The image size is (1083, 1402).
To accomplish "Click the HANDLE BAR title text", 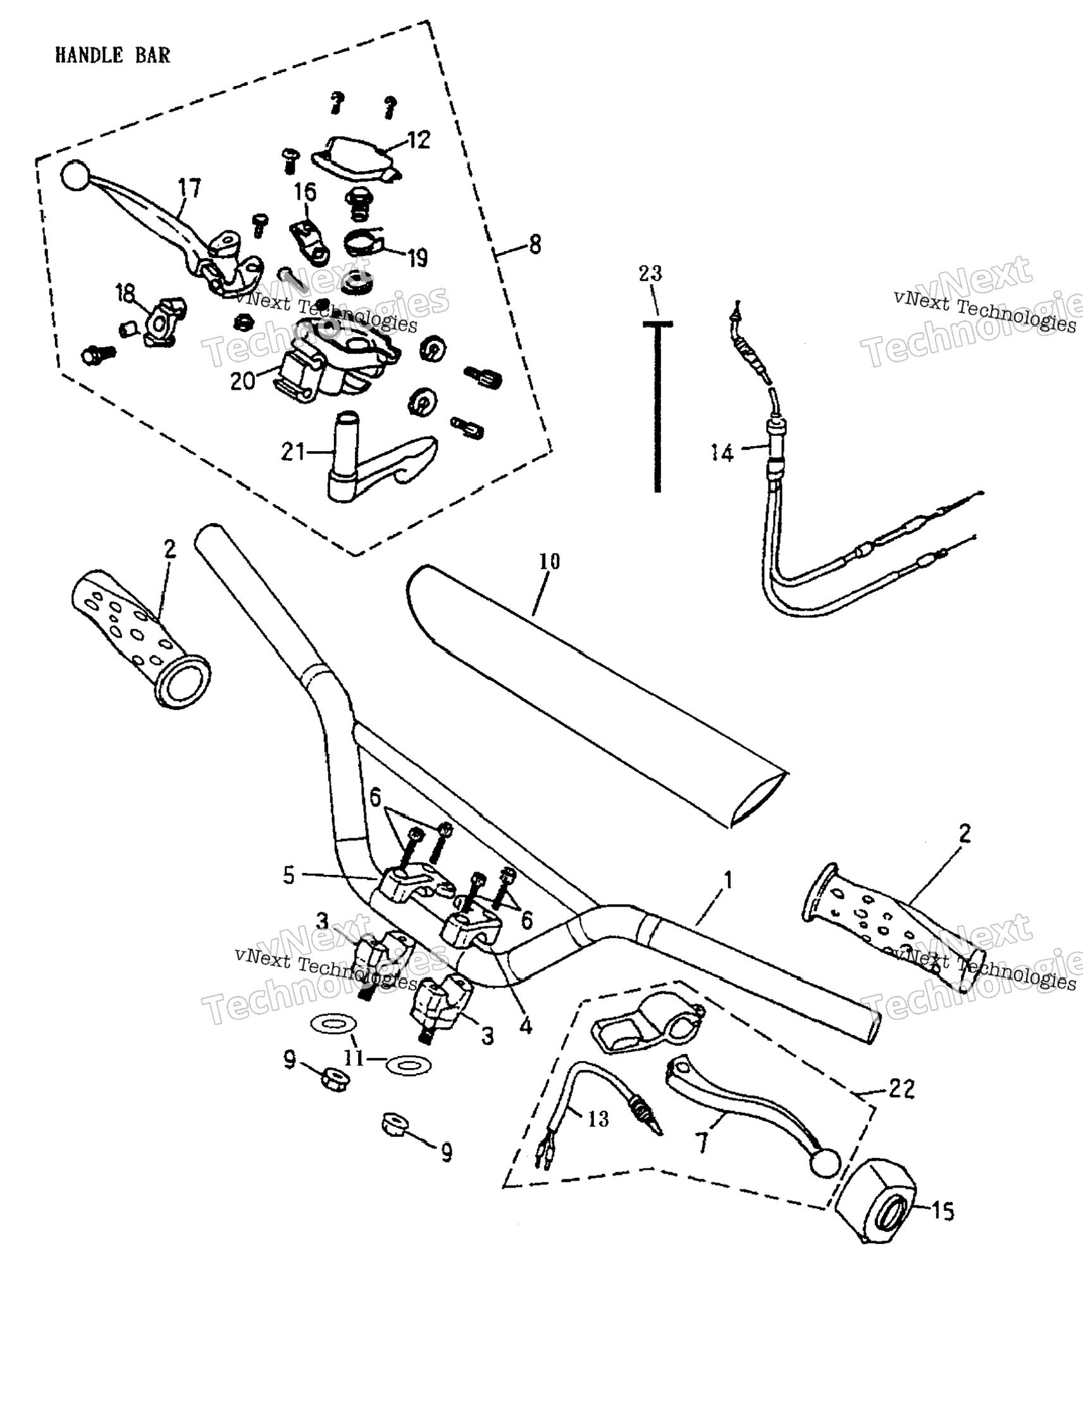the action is pos(113,55).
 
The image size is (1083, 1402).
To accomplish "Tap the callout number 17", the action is pos(189,188).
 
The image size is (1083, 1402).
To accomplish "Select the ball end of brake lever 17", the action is pos(75,175).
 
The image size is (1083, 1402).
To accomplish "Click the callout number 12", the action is pos(419,140).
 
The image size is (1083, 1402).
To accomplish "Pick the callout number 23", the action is pos(650,273).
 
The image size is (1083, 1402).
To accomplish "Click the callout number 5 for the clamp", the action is pos(289,875).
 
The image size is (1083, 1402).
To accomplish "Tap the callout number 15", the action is pos(942,1213).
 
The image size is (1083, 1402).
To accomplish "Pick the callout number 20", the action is pos(243,382).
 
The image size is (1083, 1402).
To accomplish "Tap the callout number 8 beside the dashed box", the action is pos(535,245).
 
